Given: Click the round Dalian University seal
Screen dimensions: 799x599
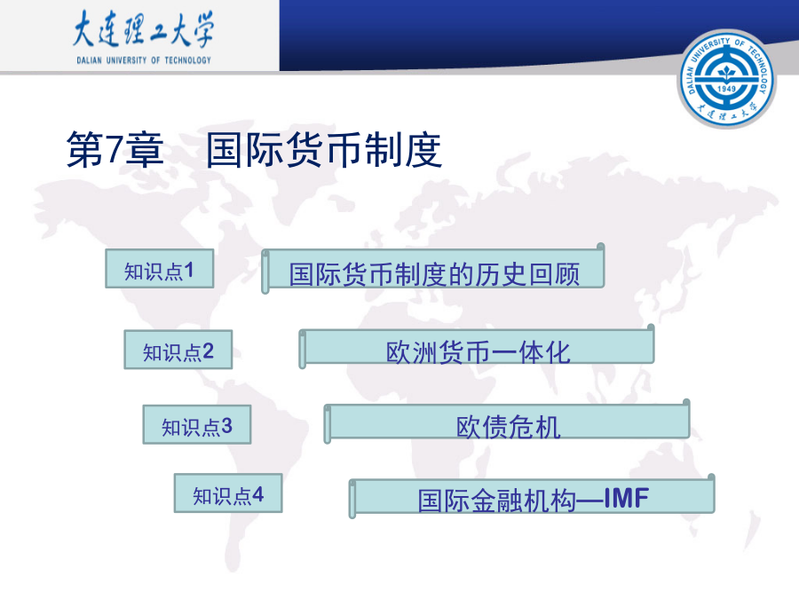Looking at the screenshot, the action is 726,79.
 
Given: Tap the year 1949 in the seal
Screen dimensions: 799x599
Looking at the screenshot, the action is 726,89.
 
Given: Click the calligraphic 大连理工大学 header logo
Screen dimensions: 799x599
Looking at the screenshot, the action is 143,29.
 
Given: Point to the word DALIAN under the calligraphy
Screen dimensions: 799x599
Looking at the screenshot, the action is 89,60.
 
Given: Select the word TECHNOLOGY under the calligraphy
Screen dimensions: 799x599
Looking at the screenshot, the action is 187,60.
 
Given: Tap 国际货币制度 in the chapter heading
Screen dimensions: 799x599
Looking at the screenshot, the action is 324,150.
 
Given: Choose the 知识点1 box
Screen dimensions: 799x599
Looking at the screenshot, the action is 160,268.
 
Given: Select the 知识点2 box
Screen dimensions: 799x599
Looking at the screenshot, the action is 178,350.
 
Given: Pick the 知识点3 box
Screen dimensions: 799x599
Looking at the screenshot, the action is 197,424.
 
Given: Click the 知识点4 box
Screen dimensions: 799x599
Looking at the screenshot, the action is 228,493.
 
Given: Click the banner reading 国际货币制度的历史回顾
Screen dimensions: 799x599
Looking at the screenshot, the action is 433,269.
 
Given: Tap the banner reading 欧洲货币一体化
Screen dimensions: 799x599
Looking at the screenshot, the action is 477,346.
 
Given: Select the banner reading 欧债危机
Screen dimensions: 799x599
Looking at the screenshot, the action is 507,422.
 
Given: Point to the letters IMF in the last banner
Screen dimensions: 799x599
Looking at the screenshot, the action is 626,498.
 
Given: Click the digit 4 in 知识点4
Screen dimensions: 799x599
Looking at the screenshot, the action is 257,494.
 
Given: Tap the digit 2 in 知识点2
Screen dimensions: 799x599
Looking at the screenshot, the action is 208,351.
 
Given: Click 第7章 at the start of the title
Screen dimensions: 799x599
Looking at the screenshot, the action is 115,149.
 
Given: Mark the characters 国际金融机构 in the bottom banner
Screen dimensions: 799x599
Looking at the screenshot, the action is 497,500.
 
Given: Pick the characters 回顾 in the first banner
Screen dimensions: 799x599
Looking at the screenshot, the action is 554,274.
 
